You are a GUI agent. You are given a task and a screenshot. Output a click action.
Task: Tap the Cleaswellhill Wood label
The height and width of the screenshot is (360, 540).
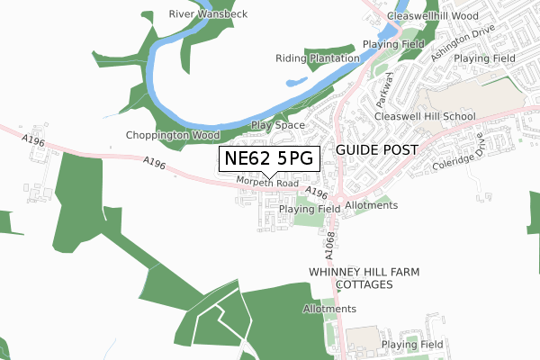(431, 16)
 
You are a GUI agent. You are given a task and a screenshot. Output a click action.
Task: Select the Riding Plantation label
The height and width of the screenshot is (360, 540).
(317, 58)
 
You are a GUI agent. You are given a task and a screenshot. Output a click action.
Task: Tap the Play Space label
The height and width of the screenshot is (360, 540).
(277, 125)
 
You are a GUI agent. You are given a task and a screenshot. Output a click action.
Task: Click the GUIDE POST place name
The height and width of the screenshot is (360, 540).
(376, 149)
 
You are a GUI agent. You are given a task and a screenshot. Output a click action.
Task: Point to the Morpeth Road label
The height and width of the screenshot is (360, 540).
(267, 183)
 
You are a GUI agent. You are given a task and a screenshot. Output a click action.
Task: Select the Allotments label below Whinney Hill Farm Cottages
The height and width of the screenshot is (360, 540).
(330, 309)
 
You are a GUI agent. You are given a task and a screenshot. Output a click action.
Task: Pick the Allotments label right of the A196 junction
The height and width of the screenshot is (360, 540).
(371, 205)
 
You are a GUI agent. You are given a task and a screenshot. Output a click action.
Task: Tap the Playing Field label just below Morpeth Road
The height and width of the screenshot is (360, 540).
(309, 209)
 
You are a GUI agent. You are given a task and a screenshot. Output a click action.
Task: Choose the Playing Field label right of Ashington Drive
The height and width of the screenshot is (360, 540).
(484, 58)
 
